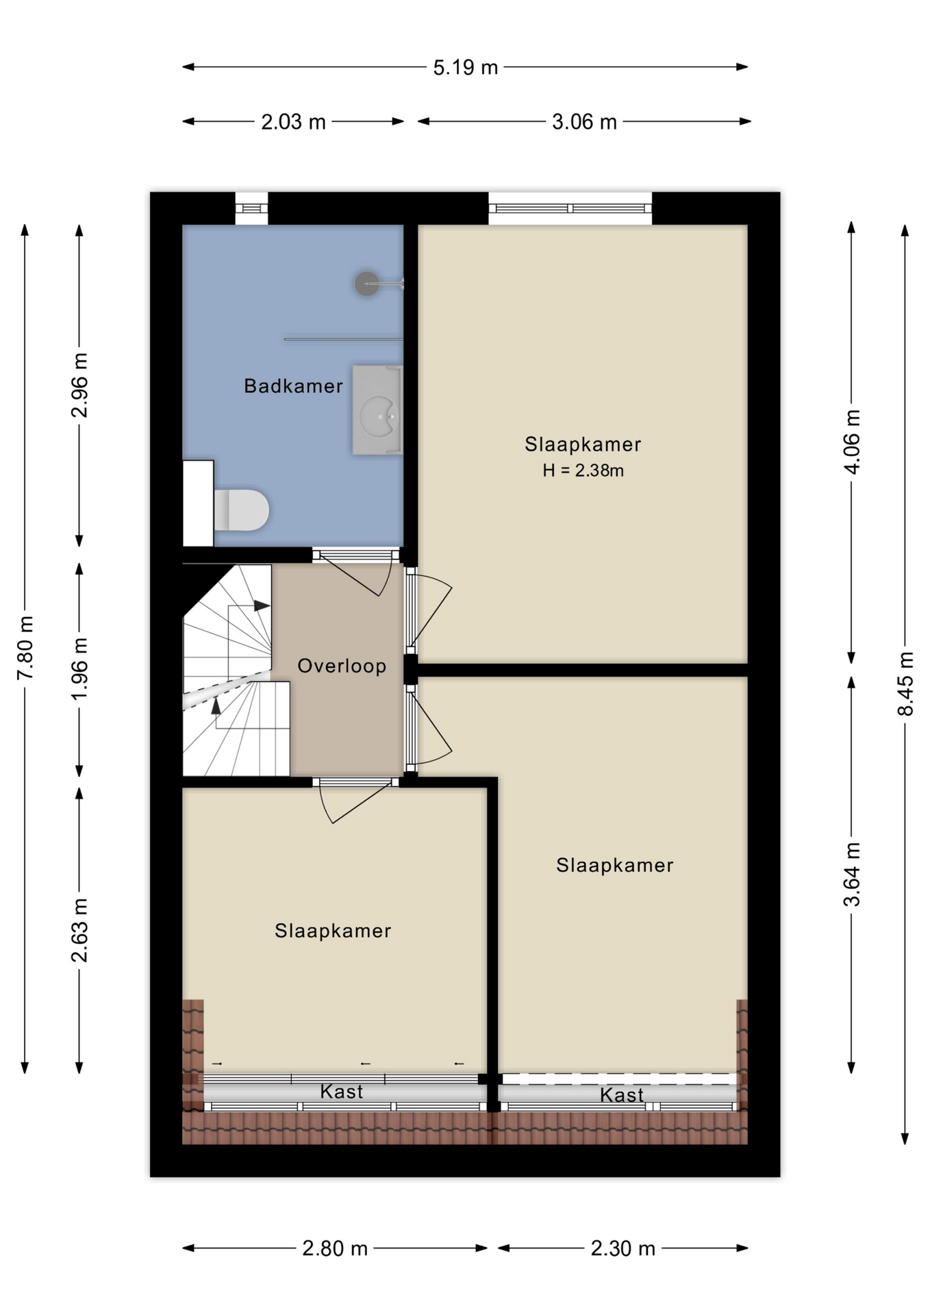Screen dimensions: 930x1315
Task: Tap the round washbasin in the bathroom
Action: (x=379, y=415)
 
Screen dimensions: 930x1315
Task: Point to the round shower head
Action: (x=367, y=283)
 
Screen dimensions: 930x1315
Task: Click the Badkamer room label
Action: (x=293, y=386)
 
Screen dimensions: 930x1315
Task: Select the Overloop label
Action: (x=342, y=666)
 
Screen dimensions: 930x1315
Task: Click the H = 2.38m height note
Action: (x=583, y=471)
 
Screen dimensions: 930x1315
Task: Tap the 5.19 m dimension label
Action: (x=465, y=68)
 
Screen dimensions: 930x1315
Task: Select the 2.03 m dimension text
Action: (x=293, y=122)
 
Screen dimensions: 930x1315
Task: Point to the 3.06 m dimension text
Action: (x=584, y=122)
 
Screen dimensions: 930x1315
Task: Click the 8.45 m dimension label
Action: (x=905, y=684)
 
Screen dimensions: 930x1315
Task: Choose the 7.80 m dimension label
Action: (x=25, y=648)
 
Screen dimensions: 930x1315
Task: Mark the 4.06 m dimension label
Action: (x=851, y=442)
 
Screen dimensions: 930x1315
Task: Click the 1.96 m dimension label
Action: (x=79, y=668)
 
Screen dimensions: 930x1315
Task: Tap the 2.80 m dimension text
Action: (x=335, y=1249)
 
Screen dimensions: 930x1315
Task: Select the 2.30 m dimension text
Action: (x=623, y=1249)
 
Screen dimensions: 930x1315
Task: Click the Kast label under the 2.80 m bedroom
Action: (x=341, y=1092)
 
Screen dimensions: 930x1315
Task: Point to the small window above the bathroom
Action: (x=251, y=208)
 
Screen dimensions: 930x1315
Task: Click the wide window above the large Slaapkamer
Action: (x=570, y=208)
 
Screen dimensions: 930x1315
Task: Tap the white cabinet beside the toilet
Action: (x=199, y=503)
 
